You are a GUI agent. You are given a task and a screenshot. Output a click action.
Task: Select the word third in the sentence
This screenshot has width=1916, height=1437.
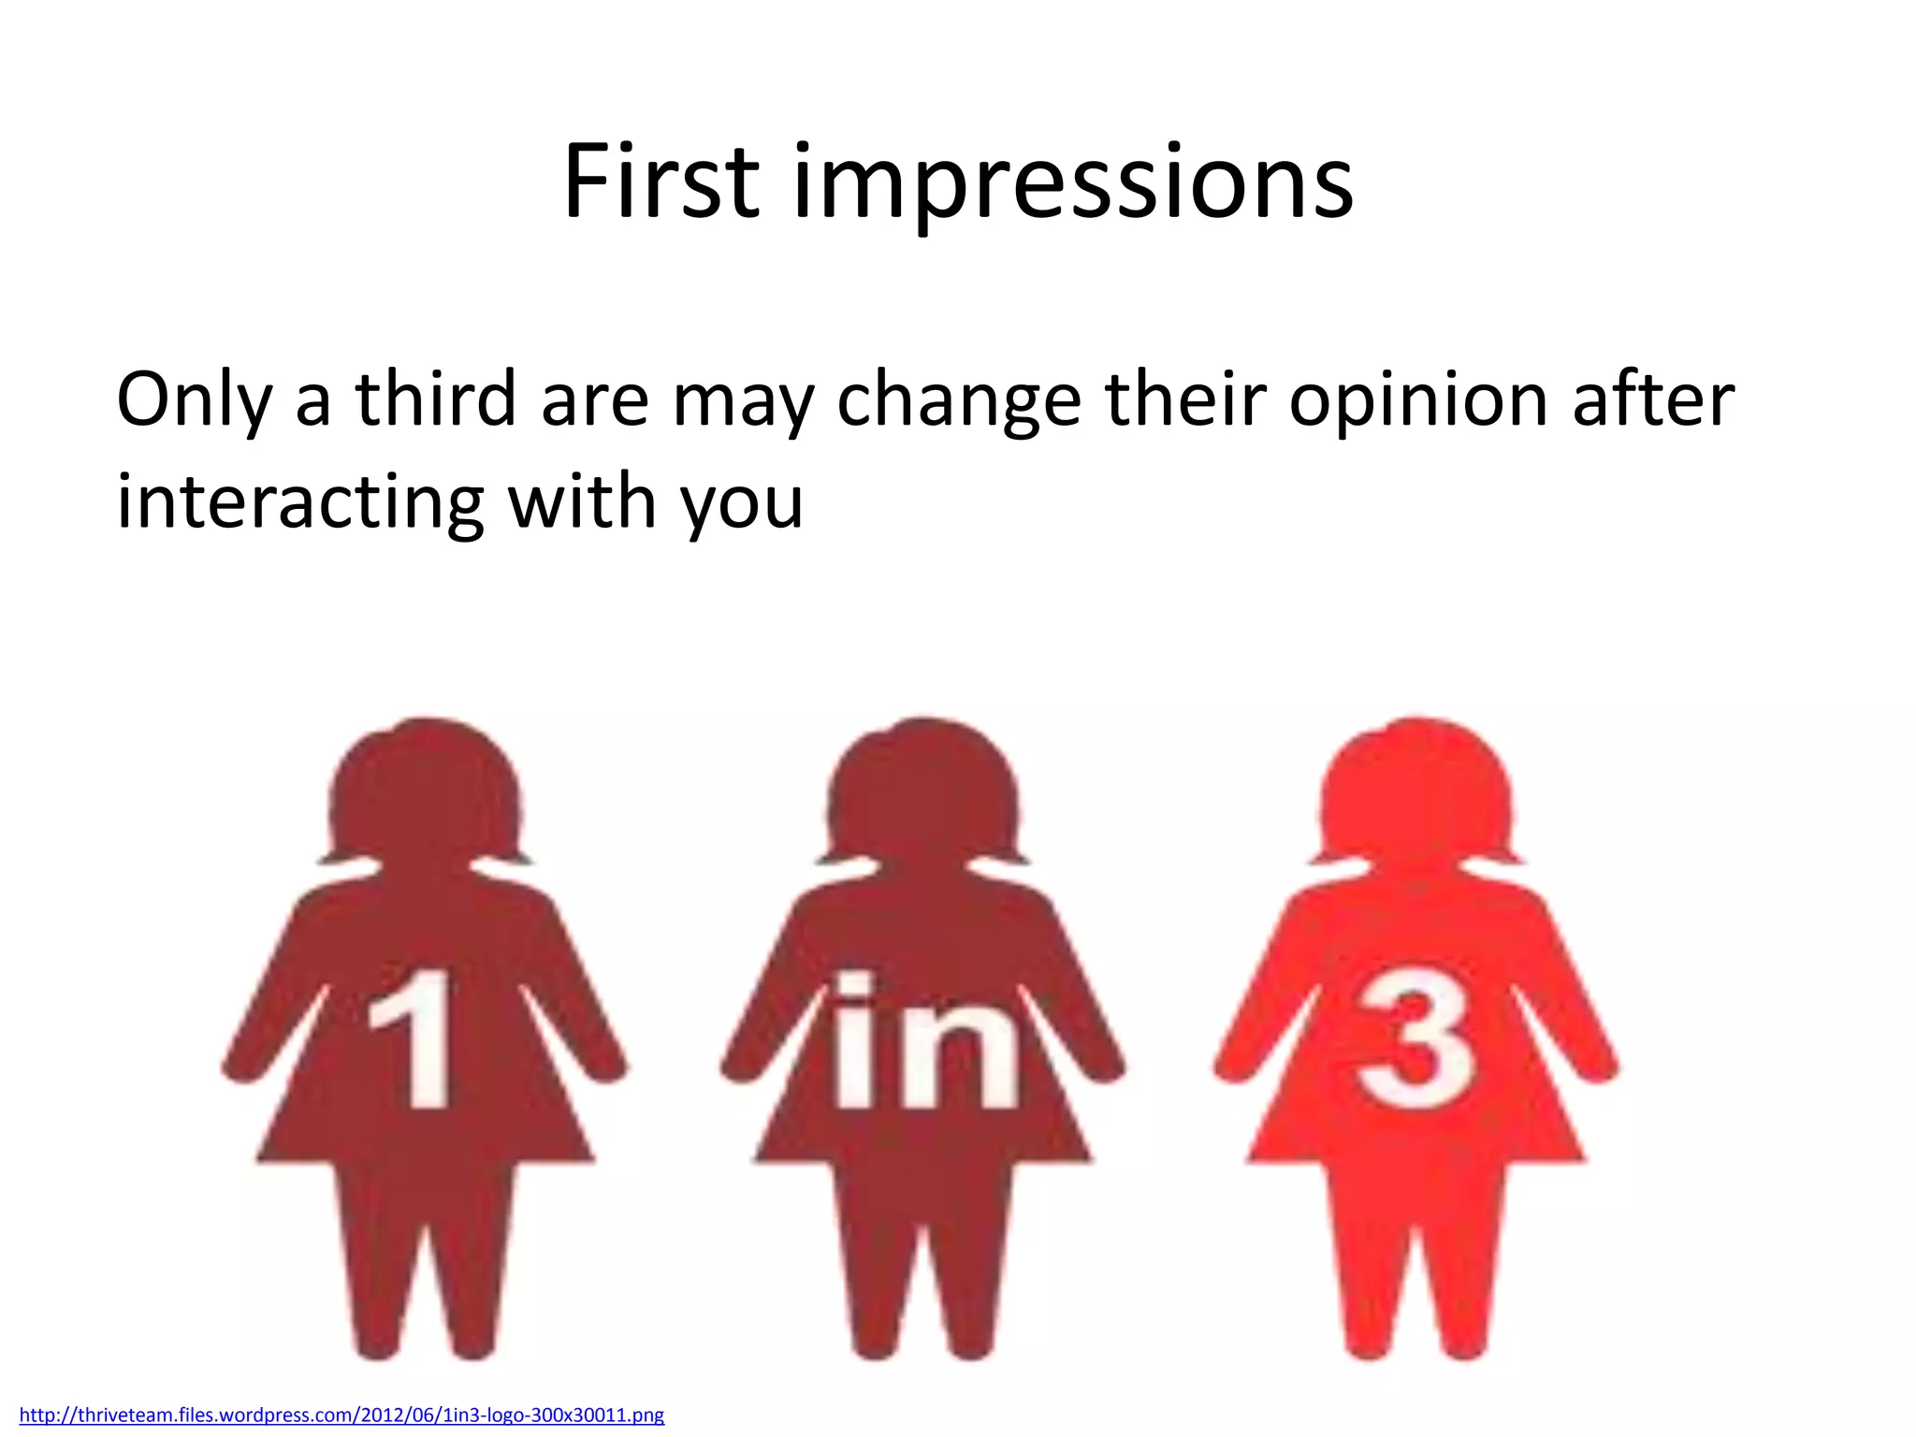coord(435,399)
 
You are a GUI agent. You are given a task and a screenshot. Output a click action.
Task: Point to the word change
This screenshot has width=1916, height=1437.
coord(958,400)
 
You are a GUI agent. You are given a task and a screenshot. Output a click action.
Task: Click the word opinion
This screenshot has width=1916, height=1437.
coord(1417,400)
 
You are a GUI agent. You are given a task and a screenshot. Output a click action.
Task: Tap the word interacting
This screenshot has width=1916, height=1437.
coord(299,501)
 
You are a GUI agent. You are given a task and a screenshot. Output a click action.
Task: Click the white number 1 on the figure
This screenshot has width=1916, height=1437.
coord(412,1038)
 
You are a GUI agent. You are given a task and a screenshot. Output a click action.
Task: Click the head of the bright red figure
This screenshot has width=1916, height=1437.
coord(1415,795)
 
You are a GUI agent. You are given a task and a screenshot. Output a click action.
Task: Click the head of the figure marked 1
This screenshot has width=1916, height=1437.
coord(426,795)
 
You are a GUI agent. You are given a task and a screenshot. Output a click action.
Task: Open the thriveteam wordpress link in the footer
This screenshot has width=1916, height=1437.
coord(341,1415)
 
